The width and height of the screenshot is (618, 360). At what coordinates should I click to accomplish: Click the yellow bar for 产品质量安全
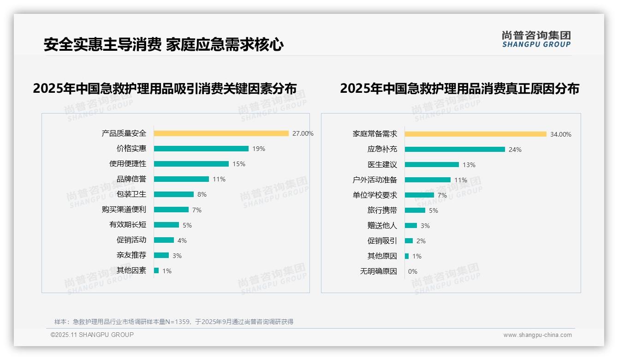pos(221,133)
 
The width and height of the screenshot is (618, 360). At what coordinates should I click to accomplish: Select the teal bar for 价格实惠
pos(201,149)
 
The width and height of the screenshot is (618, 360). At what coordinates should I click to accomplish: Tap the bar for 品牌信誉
pos(181,179)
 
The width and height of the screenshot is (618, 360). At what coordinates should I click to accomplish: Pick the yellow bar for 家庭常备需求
pos(475,134)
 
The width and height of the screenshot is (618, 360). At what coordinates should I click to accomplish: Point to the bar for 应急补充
pos(455,150)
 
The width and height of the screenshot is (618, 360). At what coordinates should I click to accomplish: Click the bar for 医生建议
pos(432,165)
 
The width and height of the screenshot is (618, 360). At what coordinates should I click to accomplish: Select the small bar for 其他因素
pos(156,270)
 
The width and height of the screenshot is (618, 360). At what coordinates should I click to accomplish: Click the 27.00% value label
pos(303,133)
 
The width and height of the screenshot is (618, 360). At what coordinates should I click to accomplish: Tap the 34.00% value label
pos(560,134)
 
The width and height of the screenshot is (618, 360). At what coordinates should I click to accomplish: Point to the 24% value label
pos(515,150)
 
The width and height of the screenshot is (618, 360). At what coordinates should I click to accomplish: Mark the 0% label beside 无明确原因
pos(412,271)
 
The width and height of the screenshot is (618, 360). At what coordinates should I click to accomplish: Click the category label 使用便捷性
pos(127,164)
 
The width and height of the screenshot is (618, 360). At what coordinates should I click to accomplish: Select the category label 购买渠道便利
pos(124,210)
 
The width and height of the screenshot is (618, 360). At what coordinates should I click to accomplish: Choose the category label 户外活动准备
pos(374,180)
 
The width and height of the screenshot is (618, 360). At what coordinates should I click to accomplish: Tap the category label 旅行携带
pos(382,210)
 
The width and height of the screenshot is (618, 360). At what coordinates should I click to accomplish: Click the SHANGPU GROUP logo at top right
pos(536,39)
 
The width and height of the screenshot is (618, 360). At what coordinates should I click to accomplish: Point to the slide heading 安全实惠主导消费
pos(102,45)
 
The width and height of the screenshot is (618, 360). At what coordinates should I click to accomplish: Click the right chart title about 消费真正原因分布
pos(459,89)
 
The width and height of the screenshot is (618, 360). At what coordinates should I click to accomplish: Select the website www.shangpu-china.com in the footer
pos(537,335)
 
